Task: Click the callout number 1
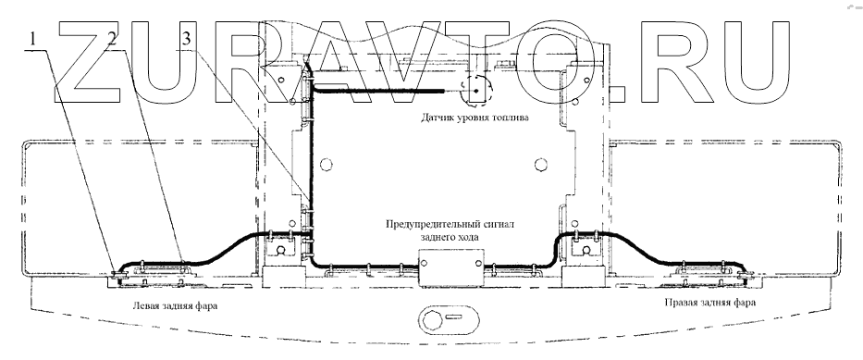(33, 39)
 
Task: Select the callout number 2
(112, 39)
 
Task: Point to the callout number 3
(187, 39)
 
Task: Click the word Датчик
(438, 118)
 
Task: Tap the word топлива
(511, 118)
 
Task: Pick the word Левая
(143, 305)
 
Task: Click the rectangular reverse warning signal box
(451, 268)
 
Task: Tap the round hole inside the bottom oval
(433, 318)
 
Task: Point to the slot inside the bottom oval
(455, 317)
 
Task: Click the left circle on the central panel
(326, 164)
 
